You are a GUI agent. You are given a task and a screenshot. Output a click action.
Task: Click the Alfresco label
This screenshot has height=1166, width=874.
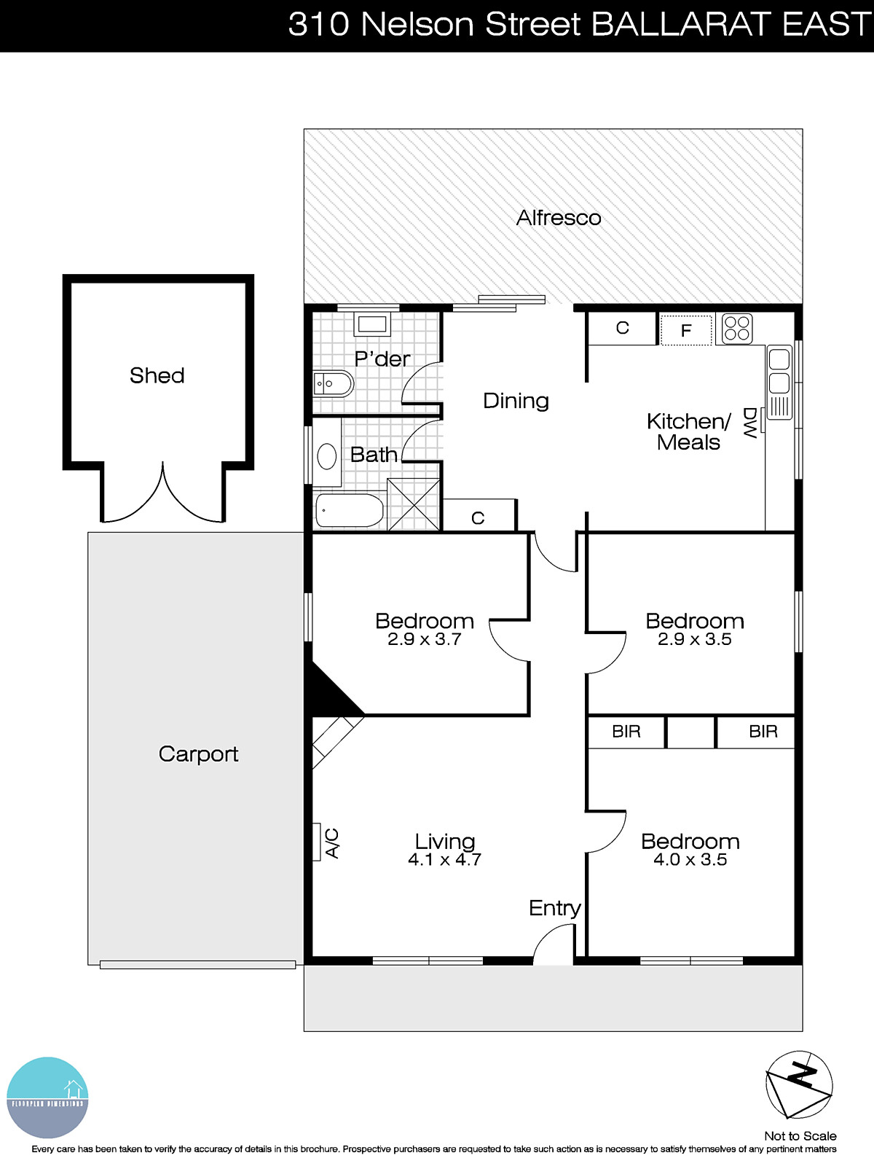tap(559, 218)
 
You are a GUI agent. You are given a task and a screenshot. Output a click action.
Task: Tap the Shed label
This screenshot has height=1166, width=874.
tap(157, 375)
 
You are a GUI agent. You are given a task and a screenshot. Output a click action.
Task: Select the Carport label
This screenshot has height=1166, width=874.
tap(198, 754)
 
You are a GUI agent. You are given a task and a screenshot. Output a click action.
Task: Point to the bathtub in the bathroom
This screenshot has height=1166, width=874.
tap(350, 511)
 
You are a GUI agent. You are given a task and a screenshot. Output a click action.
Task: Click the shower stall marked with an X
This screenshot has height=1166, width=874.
tap(413, 504)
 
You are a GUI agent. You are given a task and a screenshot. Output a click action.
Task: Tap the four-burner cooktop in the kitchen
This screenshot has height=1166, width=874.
tap(736, 329)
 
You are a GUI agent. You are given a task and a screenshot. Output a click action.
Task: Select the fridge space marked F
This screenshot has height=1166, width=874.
tap(685, 330)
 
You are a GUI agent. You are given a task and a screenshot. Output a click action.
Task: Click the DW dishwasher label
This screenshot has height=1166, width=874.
tap(749, 423)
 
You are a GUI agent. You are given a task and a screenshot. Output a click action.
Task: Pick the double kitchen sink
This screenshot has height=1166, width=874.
tap(779, 371)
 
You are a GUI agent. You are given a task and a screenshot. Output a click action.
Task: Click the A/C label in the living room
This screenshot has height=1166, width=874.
tap(331, 843)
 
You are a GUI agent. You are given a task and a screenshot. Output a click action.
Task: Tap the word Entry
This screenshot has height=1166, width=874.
tap(554, 908)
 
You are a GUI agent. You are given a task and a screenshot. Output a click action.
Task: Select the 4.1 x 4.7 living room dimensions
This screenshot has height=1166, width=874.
tap(444, 860)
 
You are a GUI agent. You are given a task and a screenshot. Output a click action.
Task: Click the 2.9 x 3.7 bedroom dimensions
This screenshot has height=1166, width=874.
tap(424, 640)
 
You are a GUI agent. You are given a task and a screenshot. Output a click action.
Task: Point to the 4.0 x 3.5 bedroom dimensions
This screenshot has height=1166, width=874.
tap(690, 860)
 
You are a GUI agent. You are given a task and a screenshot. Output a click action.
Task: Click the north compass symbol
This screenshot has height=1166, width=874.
tap(799, 1084)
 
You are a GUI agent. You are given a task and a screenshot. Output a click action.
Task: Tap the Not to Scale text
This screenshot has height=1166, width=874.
tap(800, 1136)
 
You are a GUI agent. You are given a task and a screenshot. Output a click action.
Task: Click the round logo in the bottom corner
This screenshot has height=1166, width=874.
tap(47, 1097)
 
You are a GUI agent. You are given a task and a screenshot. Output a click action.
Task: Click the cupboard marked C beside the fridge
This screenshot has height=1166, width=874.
tap(622, 329)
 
